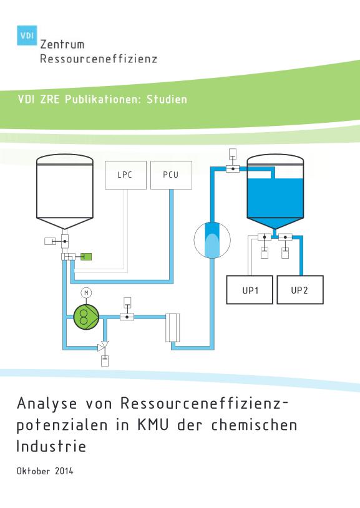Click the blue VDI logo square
click(x=27, y=36)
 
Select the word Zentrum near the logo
click(x=62, y=44)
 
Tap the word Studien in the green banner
click(x=167, y=99)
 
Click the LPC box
click(x=125, y=175)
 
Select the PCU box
click(x=171, y=175)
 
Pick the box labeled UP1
click(x=250, y=290)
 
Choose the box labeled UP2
click(x=300, y=290)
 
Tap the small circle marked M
click(x=86, y=293)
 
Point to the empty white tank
click(x=65, y=191)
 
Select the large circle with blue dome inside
click(x=212, y=240)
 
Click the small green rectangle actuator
click(x=86, y=257)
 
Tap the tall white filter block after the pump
click(x=173, y=327)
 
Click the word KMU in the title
click(x=153, y=424)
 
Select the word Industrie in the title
click(x=51, y=446)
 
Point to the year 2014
click(x=64, y=471)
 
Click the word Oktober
click(x=34, y=471)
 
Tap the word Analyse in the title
click(x=47, y=404)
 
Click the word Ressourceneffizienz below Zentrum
click(x=99, y=59)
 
